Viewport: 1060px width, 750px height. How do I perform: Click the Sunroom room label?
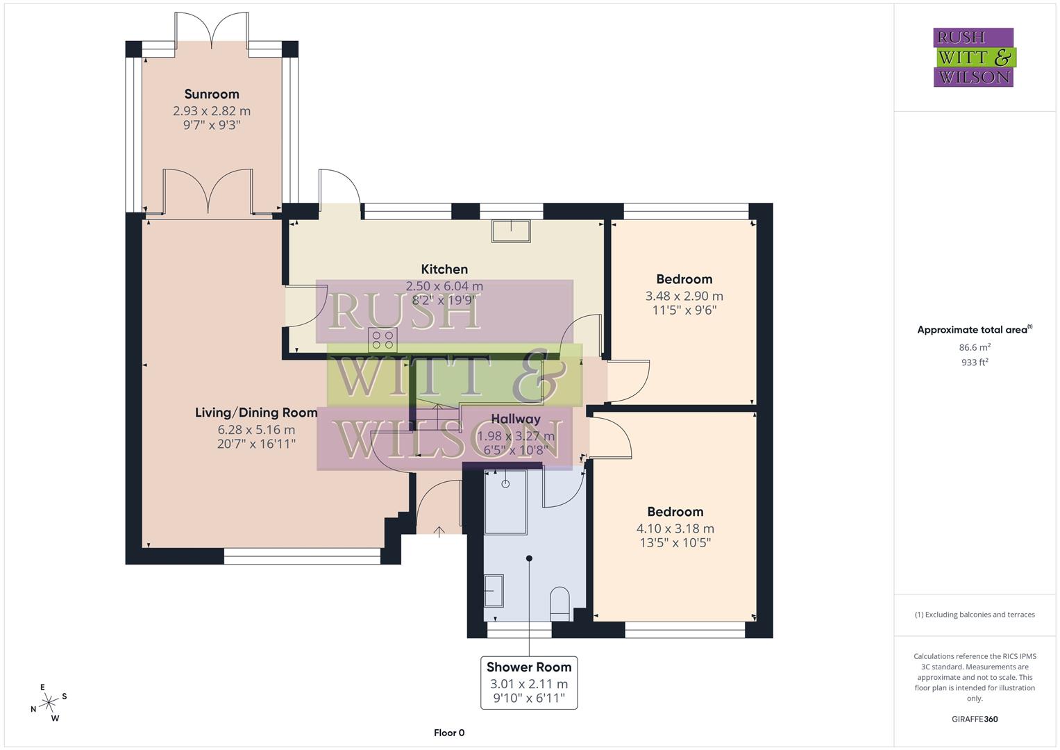click(x=212, y=94)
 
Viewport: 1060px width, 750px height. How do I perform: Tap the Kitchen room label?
click(x=444, y=269)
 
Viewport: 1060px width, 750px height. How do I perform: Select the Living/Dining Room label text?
click(x=256, y=412)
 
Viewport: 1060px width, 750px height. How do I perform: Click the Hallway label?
click(x=515, y=419)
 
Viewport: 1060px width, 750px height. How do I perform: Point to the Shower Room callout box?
click(x=529, y=683)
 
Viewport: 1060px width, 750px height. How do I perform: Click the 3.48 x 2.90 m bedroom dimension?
click(x=684, y=296)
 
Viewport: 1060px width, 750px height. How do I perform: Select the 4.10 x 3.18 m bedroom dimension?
click(x=675, y=528)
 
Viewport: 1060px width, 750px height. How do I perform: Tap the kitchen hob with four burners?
click(x=382, y=340)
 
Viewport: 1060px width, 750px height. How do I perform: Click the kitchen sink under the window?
click(x=511, y=231)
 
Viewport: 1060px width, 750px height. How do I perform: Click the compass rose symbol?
click(x=49, y=703)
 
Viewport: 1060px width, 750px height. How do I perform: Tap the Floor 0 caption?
click(x=448, y=733)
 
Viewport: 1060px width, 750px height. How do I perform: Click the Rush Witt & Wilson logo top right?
click(x=973, y=58)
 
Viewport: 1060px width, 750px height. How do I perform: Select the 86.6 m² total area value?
click(x=974, y=348)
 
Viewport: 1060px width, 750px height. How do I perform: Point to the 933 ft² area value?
click(x=974, y=362)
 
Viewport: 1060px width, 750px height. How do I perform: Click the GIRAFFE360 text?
click(x=974, y=719)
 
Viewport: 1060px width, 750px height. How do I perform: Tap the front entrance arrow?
click(x=439, y=531)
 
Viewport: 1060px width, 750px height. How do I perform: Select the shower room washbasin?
click(x=494, y=590)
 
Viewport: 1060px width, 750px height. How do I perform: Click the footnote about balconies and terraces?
click(x=974, y=615)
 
